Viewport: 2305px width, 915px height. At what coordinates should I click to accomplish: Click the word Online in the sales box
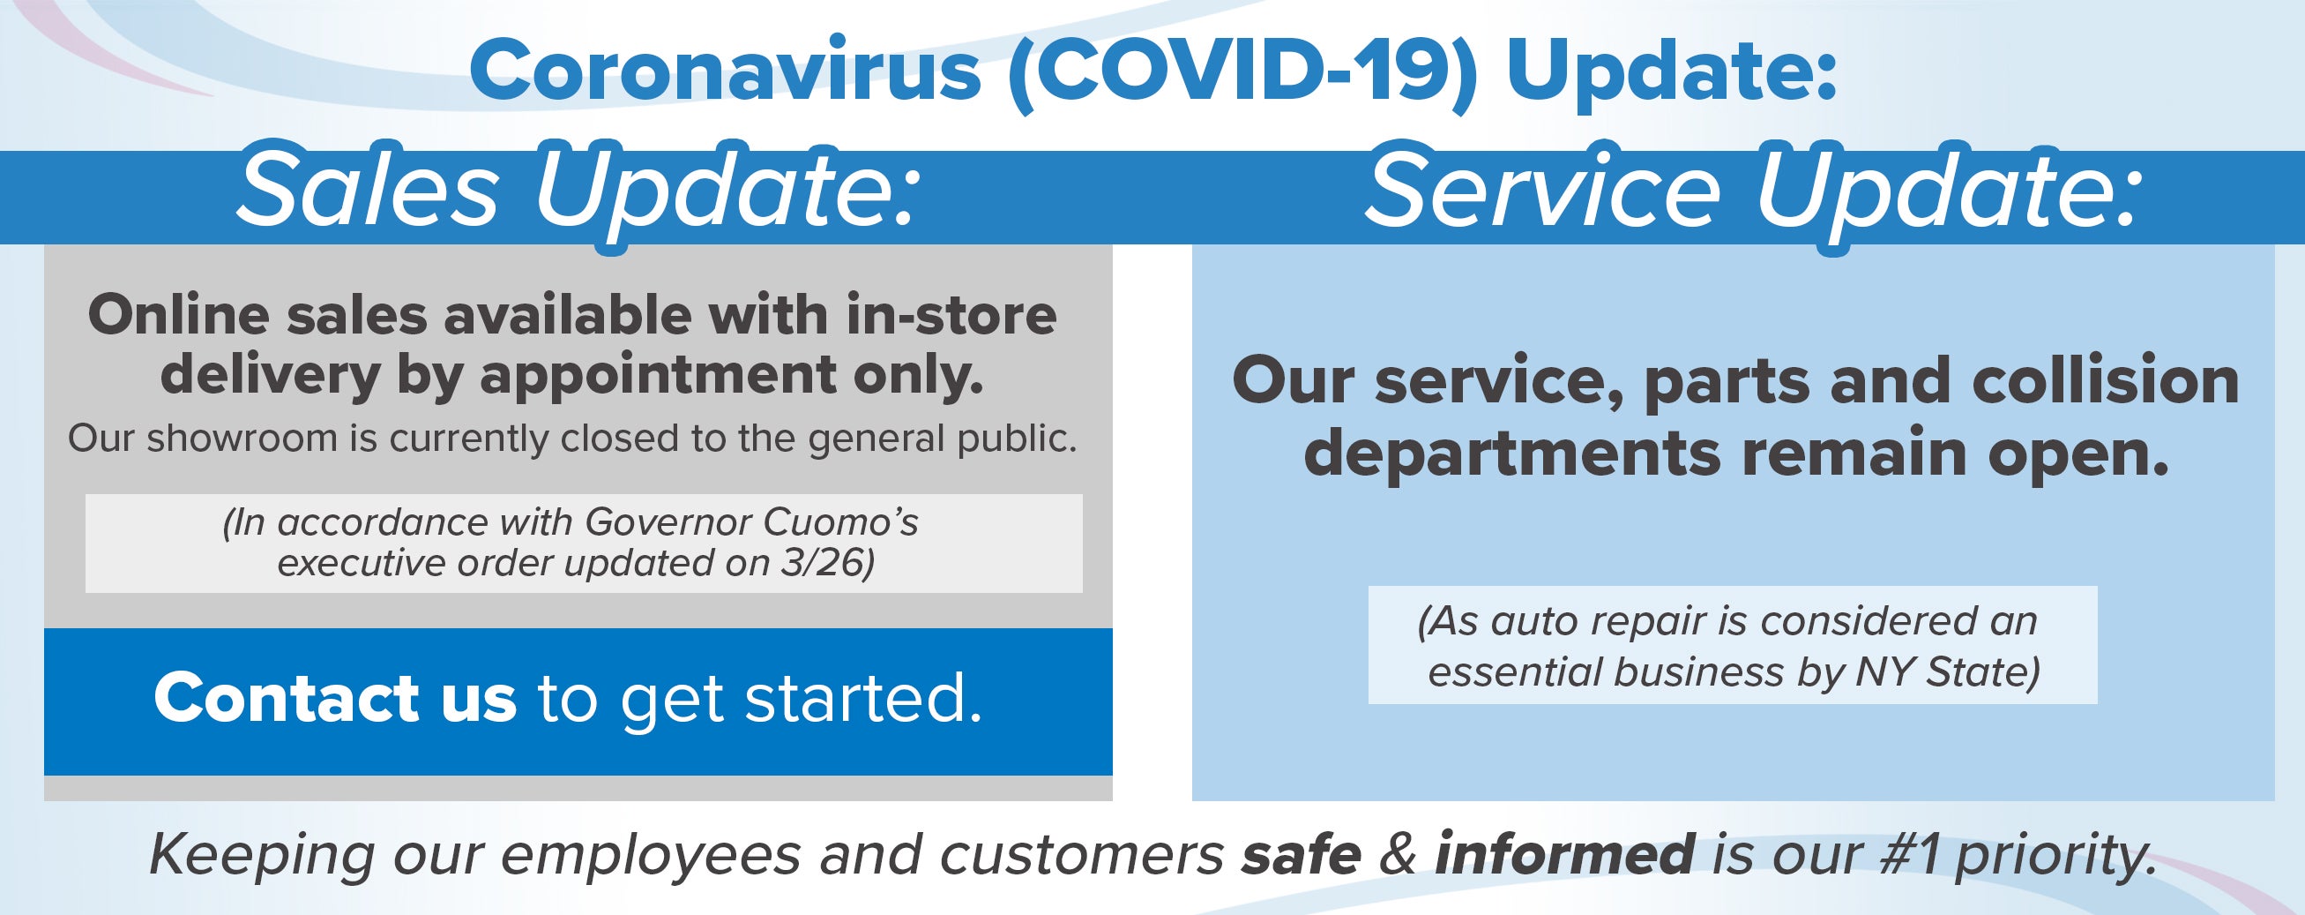coord(178,315)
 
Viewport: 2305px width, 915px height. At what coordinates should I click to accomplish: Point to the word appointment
coord(658,376)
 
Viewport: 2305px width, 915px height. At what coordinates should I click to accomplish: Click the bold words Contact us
coord(336,698)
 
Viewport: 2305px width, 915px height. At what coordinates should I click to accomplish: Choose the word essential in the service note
coord(1516,672)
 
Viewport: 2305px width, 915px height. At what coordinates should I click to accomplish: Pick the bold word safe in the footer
coord(1302,854)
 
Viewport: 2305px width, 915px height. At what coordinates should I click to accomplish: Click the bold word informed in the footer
coord(1565,854)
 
